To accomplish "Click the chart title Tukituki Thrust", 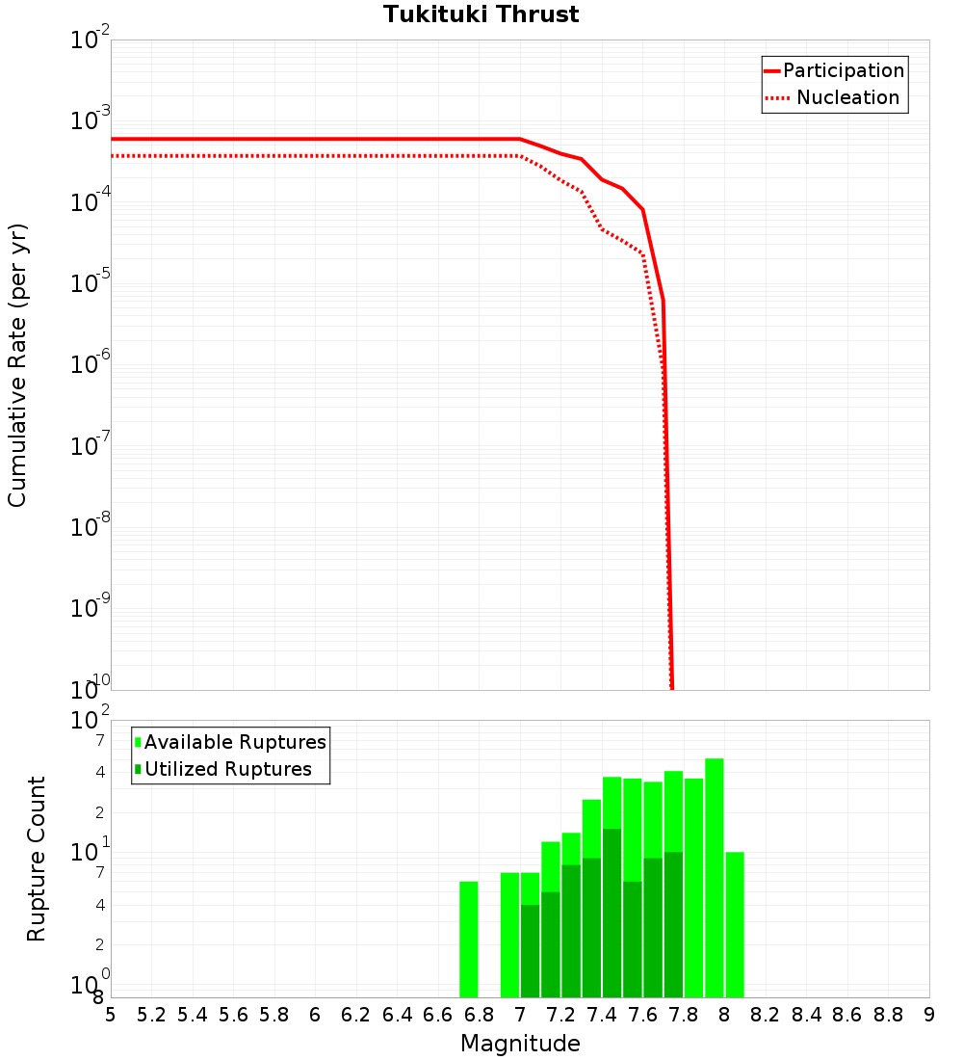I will tap(481, 14).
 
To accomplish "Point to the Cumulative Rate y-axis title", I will tap(17, 365).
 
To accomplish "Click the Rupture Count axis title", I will tap(37, 859).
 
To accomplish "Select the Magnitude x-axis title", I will tap(520, 1044).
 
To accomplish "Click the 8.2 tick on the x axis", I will tap(766, 1015).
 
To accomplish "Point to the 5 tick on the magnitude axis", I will tap(111, 1015).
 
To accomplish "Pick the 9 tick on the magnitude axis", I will tap(929, 1015).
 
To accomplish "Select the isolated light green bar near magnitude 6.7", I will tap(469, 940).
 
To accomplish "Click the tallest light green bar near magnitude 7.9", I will tap(715, 877).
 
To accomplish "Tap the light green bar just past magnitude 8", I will tap(735, 924).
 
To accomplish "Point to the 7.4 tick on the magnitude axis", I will tap(602, 1015).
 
